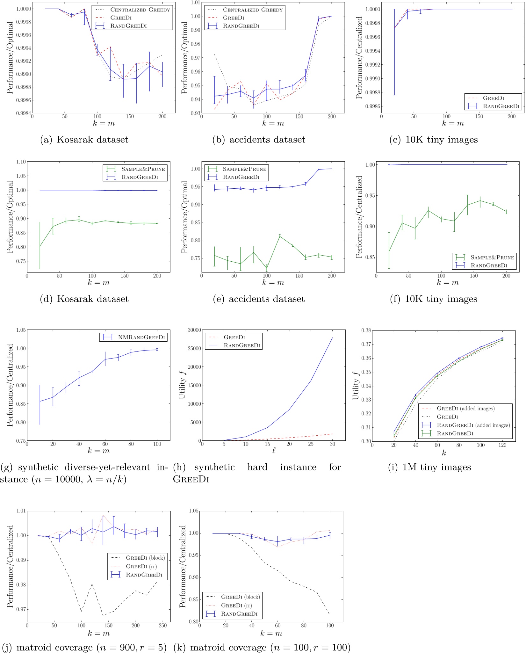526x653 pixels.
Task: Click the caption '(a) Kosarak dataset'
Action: [x=84, y=140]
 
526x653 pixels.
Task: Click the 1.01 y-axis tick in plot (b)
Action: [x=195, y=3]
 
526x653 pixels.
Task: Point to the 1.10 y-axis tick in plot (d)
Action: [x=21, y=162]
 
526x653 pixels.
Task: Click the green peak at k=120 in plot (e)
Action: [x=280, y=236]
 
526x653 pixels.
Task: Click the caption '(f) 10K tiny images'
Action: [x=434, y=299]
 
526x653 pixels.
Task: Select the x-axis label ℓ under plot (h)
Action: [x=274, y=451]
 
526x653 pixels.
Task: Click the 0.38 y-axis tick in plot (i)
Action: [x=366, y=330]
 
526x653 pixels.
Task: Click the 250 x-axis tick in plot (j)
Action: [x=162, y=625]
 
